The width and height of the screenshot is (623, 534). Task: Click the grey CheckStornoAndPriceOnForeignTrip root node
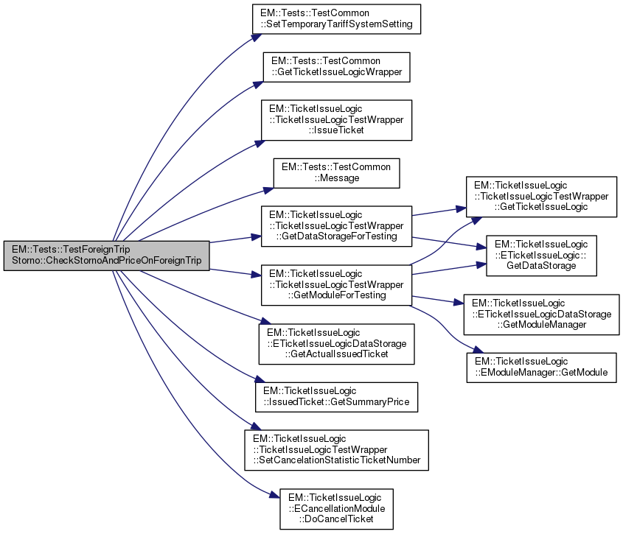(x=106, y=256)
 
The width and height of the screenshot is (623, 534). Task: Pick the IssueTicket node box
(x=336, y=120)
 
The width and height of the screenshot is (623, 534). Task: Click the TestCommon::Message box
(x=336, y=173)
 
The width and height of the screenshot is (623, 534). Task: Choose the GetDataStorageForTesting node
(x=336, y=226)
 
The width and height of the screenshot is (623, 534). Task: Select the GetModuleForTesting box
(x=336, y=285)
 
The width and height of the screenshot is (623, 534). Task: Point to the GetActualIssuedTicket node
(x=336, y=344)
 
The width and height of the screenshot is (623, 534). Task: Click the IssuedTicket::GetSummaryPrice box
(x=336, y=397)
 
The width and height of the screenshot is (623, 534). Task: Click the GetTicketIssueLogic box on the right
(x=540, y=197)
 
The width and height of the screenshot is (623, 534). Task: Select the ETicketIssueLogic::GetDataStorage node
(x=540, y=256)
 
